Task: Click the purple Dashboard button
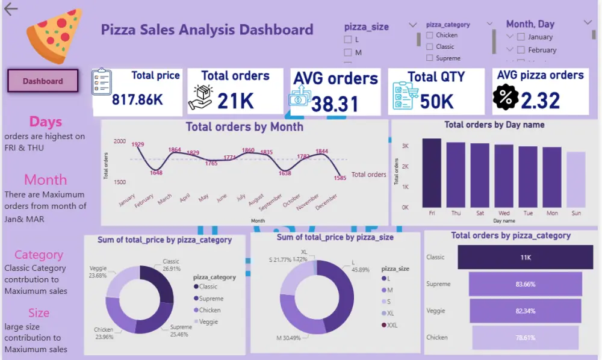click(x=43, y=81)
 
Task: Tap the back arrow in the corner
click(x=11, y=8)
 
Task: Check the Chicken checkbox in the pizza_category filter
click(x=429, y=36)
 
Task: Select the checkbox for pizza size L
click(x=347, y=39)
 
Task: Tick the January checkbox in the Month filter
click(x=521, y=37)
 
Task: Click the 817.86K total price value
click(x=137, y=99)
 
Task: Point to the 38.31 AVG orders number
click(x=335, y=104)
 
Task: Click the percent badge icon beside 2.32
click(x=506, y=98)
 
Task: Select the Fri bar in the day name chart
click(x=431, y=173)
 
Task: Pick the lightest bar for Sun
click(x=576, y=179)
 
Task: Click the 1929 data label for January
click(x=138, y=144)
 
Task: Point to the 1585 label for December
click(x=340, y=178)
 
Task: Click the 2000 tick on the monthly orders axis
click(x=120, y=141)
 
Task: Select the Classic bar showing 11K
click(x=525, y=257)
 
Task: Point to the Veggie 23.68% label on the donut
click(x=98, y=272)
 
